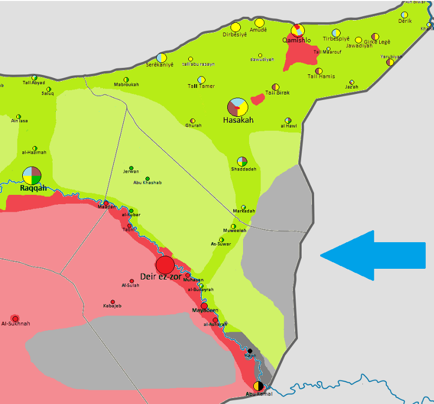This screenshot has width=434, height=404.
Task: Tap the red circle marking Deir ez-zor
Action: tap(165, 265)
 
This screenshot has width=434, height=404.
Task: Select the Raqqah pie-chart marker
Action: tap(32, 175)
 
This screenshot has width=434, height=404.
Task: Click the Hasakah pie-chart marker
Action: tap(238, 107)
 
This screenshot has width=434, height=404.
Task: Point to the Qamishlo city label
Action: tap(297, 40)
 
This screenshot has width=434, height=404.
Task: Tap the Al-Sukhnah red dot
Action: tap(15, 318)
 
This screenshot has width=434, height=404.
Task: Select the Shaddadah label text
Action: tap(243, 169)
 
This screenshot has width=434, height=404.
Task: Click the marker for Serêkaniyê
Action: tap(161, 57)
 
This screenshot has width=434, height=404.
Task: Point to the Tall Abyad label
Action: tap(34, 83)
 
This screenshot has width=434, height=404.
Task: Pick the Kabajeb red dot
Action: tap(113, 302)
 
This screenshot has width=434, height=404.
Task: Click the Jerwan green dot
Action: tap(131, 168)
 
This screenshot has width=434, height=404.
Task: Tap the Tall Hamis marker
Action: tap(319, 71)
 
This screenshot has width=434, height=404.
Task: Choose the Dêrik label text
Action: tap(405, 21)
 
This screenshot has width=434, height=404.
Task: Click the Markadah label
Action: tap(244, 211)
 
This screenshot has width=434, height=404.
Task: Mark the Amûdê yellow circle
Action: tap(259, 23)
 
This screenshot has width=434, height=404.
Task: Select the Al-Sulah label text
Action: tap(131, 285)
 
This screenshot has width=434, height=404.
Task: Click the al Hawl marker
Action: tap(288, 121)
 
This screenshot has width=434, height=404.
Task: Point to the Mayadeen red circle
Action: tap(204, 306)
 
